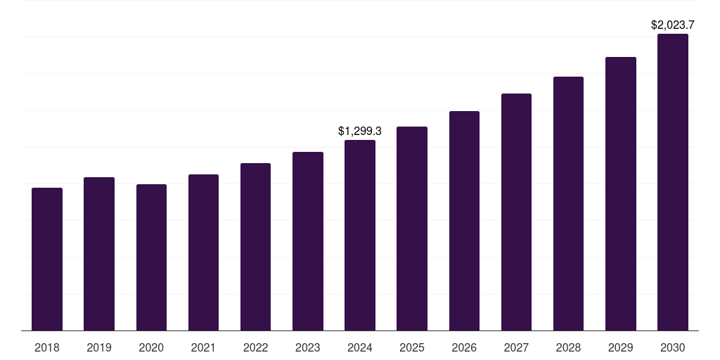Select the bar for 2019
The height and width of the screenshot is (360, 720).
(x=99, y=254)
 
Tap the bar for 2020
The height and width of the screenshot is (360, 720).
(x=151, y=257)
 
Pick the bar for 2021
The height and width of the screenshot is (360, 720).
(x=203, y=252)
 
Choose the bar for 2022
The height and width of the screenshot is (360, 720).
(x=255, y=247)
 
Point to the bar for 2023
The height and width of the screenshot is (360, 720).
(x=308, y=241)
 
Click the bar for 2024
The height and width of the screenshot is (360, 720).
(x=360, y=235)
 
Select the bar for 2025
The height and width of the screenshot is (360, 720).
(x=412, y=229)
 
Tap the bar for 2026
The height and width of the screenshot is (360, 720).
(x=464, y=221)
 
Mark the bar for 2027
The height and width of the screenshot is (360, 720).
(x=516, y=212)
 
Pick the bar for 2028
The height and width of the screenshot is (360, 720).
(x=568, y=203)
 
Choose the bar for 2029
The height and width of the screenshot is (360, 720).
(x=621, y=193)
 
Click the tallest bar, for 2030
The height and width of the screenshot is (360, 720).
(x=673, y=182)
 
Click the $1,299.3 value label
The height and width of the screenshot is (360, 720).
(x=360, y=131)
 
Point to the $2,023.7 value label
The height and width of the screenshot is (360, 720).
(x=673, y=25)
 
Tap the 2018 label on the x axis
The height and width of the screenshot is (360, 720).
(x=47, y=347)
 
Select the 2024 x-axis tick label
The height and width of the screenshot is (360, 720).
(x=360, y=347)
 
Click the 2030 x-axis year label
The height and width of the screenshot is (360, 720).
(x=673, y=347)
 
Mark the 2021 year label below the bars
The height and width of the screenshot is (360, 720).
(x=203, y=347)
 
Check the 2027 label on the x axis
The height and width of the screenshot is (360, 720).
(x=516, y=347)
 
